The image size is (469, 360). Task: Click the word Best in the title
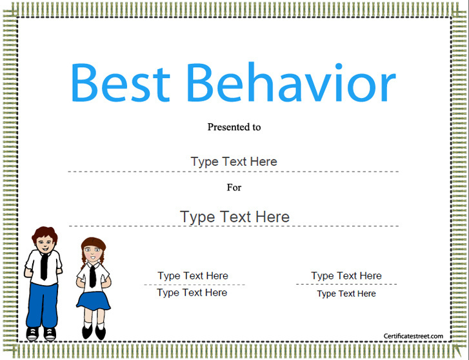click(120, 83)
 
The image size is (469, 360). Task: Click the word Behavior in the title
click(292, 82)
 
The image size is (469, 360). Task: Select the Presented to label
click(234, 127)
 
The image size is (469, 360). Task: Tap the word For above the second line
click(234, 187)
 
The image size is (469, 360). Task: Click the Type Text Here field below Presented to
click(234, 162)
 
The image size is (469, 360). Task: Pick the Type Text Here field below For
click(235, 217)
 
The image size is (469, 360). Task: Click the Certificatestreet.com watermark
click(414, 336)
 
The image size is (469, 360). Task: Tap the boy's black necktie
click(44, 266)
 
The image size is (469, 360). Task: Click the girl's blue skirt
click(94, 301)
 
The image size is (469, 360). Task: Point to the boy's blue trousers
click(42, 305)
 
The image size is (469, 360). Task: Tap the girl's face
click(93, 253)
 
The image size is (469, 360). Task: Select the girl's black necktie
click(92, 275)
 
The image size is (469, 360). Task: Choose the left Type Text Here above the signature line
click(193, 275)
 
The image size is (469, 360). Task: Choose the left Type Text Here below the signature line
click(192, 293)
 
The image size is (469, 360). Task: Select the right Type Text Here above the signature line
click(346, 275)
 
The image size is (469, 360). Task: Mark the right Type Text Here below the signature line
click(346, 294)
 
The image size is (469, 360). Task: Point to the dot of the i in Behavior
click(339, 66)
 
